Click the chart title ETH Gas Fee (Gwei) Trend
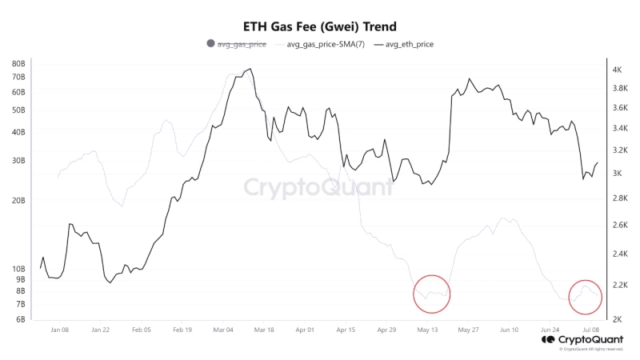tap(319, 26)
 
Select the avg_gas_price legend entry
tap(242, 44)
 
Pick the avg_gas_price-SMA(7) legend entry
tap(326, 44)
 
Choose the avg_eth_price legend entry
tap(410, 44)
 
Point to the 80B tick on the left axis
tap(18, 63)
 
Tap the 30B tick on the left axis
tap(18, 161)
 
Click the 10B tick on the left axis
tap(18, 269)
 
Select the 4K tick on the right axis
tap(618, 70)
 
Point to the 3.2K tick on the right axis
tap(618, 150)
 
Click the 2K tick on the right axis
tap(618, 319)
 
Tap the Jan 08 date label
tap(59, 330)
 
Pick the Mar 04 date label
tap(223, 330)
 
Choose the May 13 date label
tap(428, 330)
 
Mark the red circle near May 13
tap(432, 294)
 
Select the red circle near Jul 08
tap(586, 297)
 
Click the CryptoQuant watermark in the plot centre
tap(318, 187)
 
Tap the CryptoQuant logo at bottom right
tap(582, 339)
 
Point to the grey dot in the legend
tap(210, 44)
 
